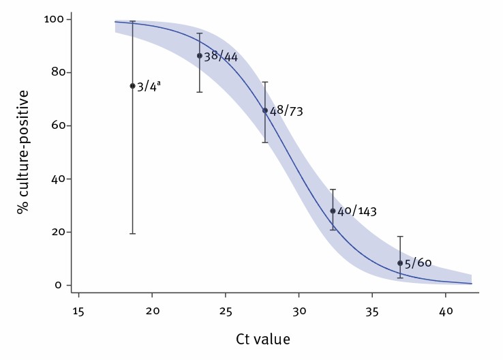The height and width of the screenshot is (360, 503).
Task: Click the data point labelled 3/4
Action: pyautogui.click(x=132, y=86)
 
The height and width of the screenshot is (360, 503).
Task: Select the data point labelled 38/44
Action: pyautogui.click(x=199, y=56)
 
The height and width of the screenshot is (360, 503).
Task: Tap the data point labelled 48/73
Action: pyautogui.click(x=265, y=110)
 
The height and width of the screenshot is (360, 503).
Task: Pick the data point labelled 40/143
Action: pyautogui.click(x=333, y=211)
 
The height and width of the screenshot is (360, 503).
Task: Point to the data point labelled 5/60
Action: pyautogui.click(x=400, y=263)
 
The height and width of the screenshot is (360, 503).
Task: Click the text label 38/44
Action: pyautogui.click(x=221, y=56)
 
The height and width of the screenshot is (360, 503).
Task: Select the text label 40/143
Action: pyautogui.click(x=357, y=211)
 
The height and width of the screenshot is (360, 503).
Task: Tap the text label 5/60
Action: pyautogui.click(x=418, y=263)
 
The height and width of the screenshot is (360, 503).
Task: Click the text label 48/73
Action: pyautogui.click(x=286, y=110)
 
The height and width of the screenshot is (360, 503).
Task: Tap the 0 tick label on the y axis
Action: pyautogui.click(x=59, y=285)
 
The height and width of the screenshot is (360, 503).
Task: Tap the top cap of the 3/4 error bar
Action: pyautogui.click(x=132, y=22)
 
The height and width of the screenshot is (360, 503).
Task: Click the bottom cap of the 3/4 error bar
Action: pyautogui.click(x=132, y=234)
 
